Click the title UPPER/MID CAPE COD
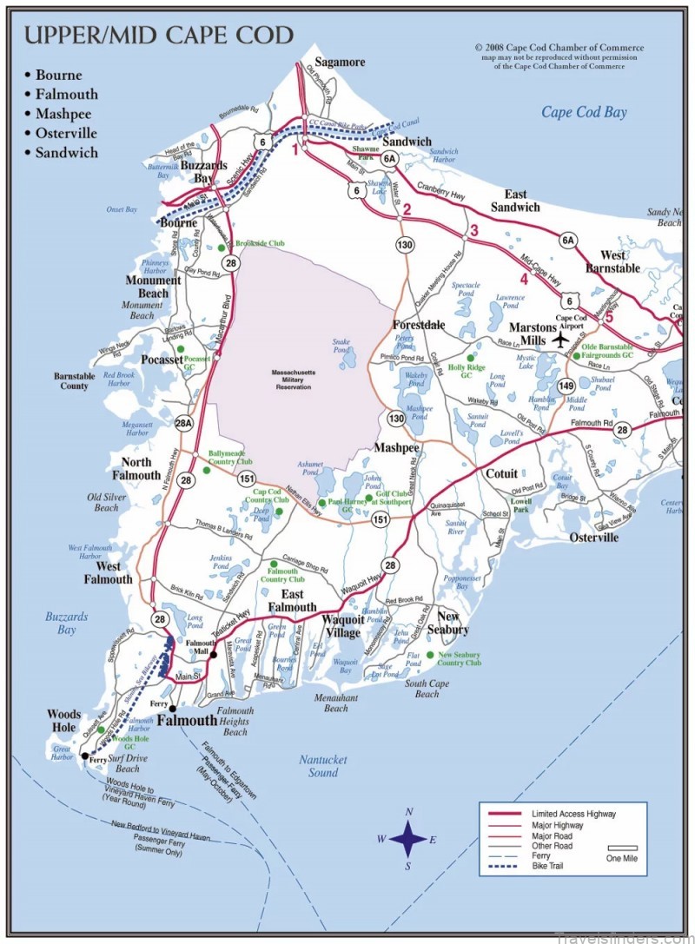(158, 36)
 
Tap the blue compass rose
(407, 839)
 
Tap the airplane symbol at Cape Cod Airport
(559, 340)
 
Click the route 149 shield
(566, 386)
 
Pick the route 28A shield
(183, 423)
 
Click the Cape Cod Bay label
(584, 112)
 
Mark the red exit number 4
(523, 279)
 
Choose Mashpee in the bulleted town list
(63, 114)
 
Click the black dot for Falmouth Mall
(213, 653)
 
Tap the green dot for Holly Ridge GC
(470, 358)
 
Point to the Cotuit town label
(500, 474)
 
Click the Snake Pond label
(341, 347)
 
